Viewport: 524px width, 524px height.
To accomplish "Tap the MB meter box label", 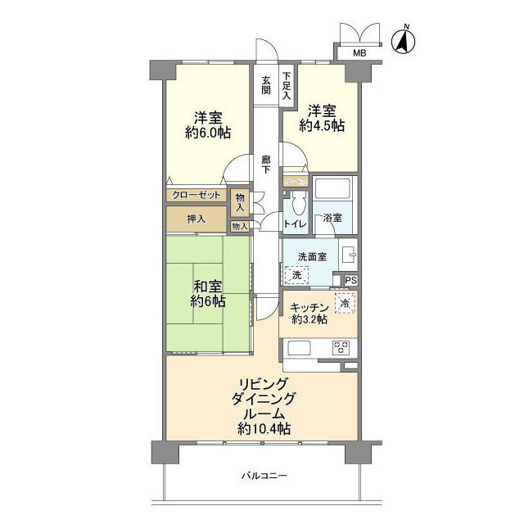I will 359,54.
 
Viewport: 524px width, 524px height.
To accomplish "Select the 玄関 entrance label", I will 266,85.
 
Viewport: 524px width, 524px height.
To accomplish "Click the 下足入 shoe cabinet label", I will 287,85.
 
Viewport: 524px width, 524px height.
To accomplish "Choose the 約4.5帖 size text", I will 321,126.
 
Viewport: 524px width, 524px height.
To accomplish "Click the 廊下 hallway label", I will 266,164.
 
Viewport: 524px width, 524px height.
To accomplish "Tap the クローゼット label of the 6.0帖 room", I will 197,196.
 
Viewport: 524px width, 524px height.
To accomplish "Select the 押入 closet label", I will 196,219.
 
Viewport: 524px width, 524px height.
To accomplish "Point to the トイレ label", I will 295,223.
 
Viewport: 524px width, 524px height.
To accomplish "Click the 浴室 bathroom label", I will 332,219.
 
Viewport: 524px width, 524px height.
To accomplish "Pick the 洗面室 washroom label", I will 312,256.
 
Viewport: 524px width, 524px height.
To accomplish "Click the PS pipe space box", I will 350,281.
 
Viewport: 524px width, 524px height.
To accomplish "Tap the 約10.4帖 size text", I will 264,428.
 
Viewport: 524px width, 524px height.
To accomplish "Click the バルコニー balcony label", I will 264,475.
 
